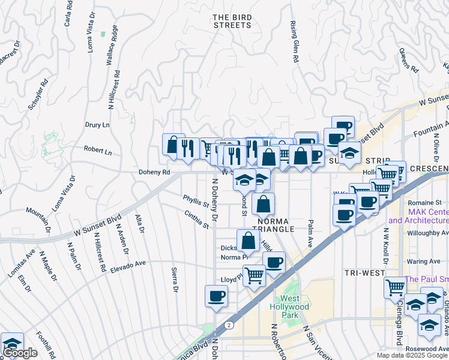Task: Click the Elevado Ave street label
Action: [128, 266]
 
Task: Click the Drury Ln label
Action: [97, 125]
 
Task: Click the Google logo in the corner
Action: [20, 353]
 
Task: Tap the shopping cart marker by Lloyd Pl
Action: [255, 275]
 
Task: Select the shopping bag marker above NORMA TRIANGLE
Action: [263, 205]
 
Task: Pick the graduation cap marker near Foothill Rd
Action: [11, 344]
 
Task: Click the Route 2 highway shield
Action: [229, 324]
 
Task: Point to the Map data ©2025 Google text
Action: [412, 355]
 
